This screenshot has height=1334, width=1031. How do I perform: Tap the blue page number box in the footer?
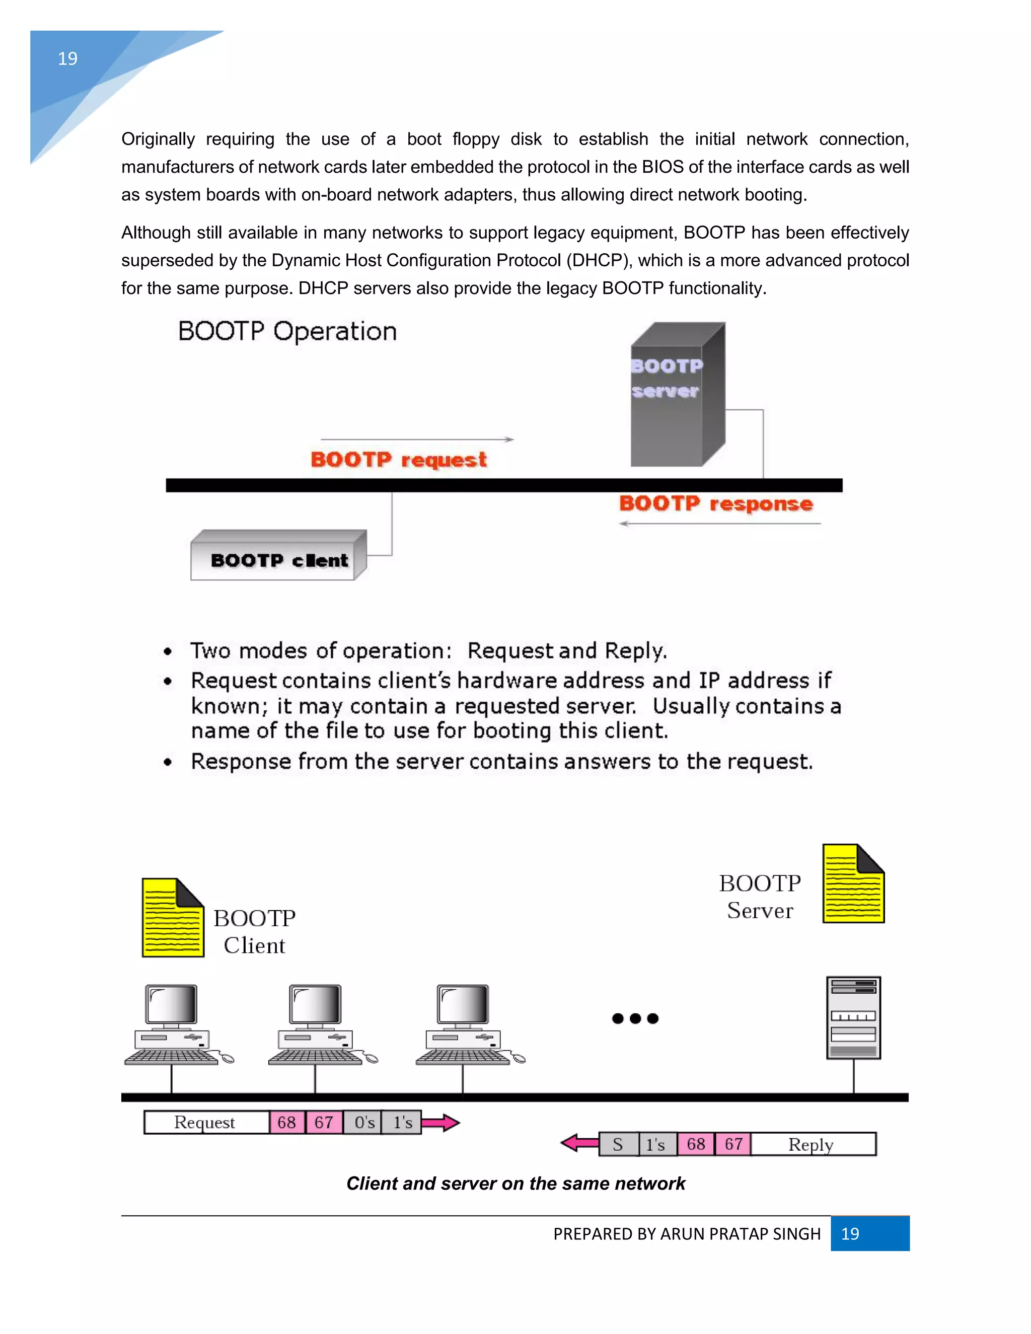(x=869, y=1233)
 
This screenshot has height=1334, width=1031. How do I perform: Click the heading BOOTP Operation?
(x=287, y=331)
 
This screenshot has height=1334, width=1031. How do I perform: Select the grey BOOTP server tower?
(x=677, y=395)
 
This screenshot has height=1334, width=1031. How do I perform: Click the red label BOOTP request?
(x=398, y=459)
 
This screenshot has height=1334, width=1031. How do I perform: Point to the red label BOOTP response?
(x=715, y=503)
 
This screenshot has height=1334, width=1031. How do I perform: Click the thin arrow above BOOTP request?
(x=416, y=439)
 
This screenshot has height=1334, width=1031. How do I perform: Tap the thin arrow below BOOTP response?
(x=719, y=524)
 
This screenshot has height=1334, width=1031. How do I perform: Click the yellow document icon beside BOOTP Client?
(x=172, y=917)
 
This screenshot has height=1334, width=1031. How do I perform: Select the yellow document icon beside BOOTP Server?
(x=853, y=883)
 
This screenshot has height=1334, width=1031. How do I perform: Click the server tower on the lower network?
(x=853, y=1017)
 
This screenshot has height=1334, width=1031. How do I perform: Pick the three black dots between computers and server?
(x=635, y=1018)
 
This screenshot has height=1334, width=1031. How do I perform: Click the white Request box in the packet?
(x=205, y=1122)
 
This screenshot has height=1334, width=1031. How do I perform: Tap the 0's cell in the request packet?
(x=363, y=1122)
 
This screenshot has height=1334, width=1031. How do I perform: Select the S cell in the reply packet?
(x=618, y=1144)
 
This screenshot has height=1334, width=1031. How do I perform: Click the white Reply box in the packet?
(x=813, y=1144)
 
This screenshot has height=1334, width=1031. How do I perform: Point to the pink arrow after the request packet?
(x=440, y=1122)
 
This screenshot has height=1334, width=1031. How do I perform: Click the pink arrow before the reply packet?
(x=579, y=1143)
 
